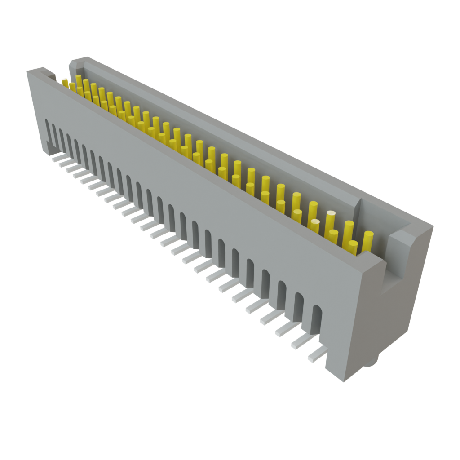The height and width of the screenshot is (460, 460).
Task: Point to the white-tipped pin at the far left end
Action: coord(65,82)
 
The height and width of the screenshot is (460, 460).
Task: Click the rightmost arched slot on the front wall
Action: coord(317,319)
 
